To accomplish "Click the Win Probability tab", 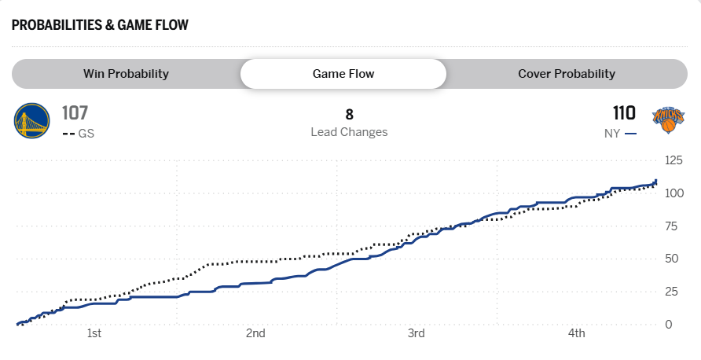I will coord(126,74).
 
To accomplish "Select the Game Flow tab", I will coord(343,74).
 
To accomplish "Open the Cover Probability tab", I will coord(566,74).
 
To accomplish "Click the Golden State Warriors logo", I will coord(31,122).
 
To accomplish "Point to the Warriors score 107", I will coord(75,113).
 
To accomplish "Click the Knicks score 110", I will coord(625,113).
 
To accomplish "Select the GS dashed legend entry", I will coord(78,134).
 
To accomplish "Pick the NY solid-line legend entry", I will coord(620,134).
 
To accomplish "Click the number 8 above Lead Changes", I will coord(349,115).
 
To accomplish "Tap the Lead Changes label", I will coord(349,132).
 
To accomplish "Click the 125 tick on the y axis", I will coord(673,160).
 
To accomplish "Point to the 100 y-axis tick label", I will coord(673,193).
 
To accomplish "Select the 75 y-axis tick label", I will coord(670,226).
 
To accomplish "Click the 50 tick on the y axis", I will coord(670,259).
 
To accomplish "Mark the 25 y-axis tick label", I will coord(670,292).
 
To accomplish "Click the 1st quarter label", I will coord(94,333).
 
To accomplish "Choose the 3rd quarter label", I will coord(416,333).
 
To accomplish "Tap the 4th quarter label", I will coord(577,333).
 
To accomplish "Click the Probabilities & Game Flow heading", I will coord(100,24).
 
